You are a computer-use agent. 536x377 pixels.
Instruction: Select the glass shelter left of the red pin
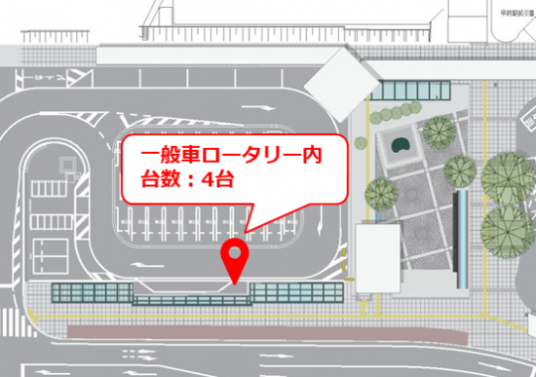click(93, 293)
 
